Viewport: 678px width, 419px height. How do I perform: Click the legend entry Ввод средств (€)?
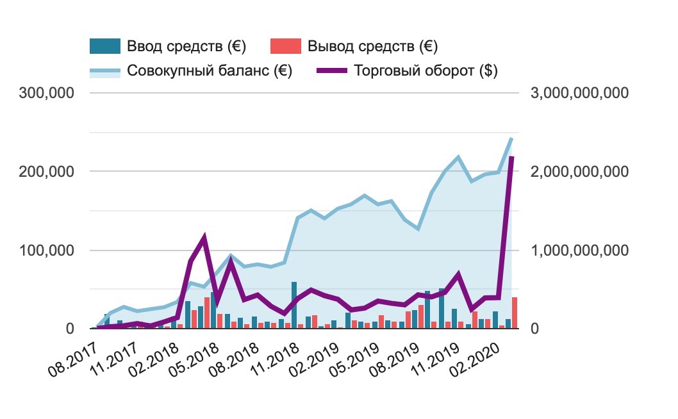[186, 47]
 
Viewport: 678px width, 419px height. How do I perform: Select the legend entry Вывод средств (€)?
[373, 47]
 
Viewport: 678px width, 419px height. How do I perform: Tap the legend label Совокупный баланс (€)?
[210, 71]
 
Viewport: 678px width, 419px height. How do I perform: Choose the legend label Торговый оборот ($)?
[426, 71]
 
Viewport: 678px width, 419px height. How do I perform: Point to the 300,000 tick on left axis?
[47, 94]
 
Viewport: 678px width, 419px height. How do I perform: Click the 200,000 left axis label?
[47, 172]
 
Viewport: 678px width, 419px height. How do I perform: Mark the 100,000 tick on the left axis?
[47, 251]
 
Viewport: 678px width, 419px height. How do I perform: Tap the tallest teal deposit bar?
[294, 305]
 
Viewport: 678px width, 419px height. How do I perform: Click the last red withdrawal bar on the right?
[515, 313]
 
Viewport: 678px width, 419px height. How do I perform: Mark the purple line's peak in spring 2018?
[204, 238]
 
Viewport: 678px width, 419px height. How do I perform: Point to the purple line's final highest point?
[511, 158]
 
